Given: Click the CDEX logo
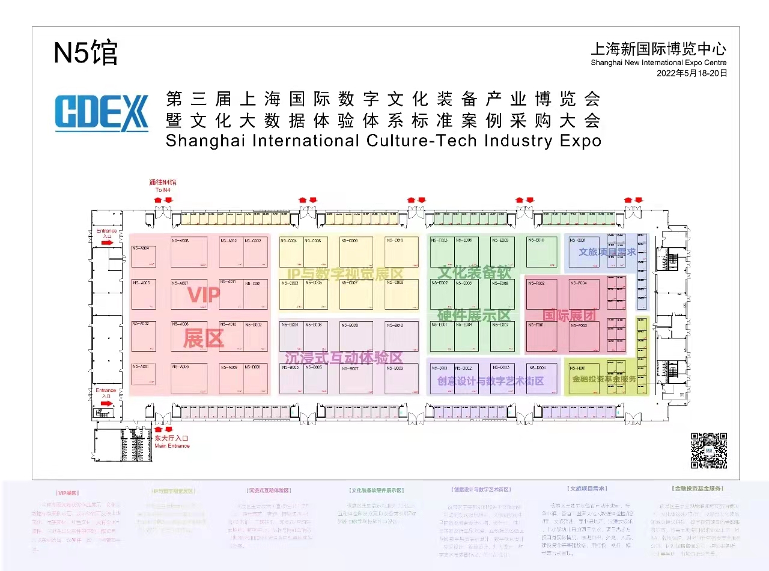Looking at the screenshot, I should click(102, 112).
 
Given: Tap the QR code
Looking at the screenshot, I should click(708, 450).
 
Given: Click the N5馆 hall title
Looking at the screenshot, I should click(86, 53).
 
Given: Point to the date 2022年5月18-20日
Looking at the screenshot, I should click(692, 73).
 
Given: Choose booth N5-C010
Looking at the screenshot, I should click(402, 252).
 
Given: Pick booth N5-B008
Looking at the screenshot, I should click(356, 336).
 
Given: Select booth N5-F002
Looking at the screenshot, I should click(541, 293).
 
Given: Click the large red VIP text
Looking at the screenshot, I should click(204, 295).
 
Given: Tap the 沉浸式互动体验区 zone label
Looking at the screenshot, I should click(344, 357).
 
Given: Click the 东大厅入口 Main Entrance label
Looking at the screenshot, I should click(172, 442).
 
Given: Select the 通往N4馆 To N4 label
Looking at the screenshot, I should click(163, 185).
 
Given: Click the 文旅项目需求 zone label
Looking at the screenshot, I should click(607, 252).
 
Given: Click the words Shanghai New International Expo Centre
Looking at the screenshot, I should click(658, 63).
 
